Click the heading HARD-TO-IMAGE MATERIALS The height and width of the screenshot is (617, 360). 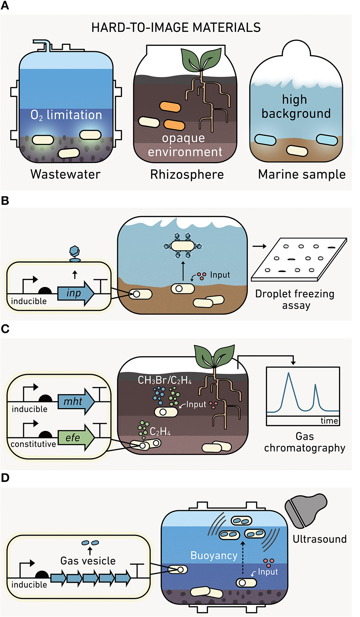(176, 28)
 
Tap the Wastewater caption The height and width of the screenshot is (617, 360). (65, 174)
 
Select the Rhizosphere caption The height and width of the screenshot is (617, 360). (187, 175)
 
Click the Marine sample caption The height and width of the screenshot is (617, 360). (302, 175)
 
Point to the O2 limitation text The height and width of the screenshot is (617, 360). (66, 115)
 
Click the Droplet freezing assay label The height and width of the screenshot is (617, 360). (295, 299)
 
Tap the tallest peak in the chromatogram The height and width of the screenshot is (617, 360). (289, 374)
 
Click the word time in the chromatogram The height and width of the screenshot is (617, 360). (329, 421)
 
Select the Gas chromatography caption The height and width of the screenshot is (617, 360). (304, 442)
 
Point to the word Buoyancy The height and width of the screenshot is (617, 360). (214, 556)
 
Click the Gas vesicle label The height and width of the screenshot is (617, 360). (88, 561)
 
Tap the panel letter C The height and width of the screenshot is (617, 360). (5, 329)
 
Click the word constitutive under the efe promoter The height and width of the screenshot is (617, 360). (33, 444)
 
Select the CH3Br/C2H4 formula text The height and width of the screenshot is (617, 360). (164, 380)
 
